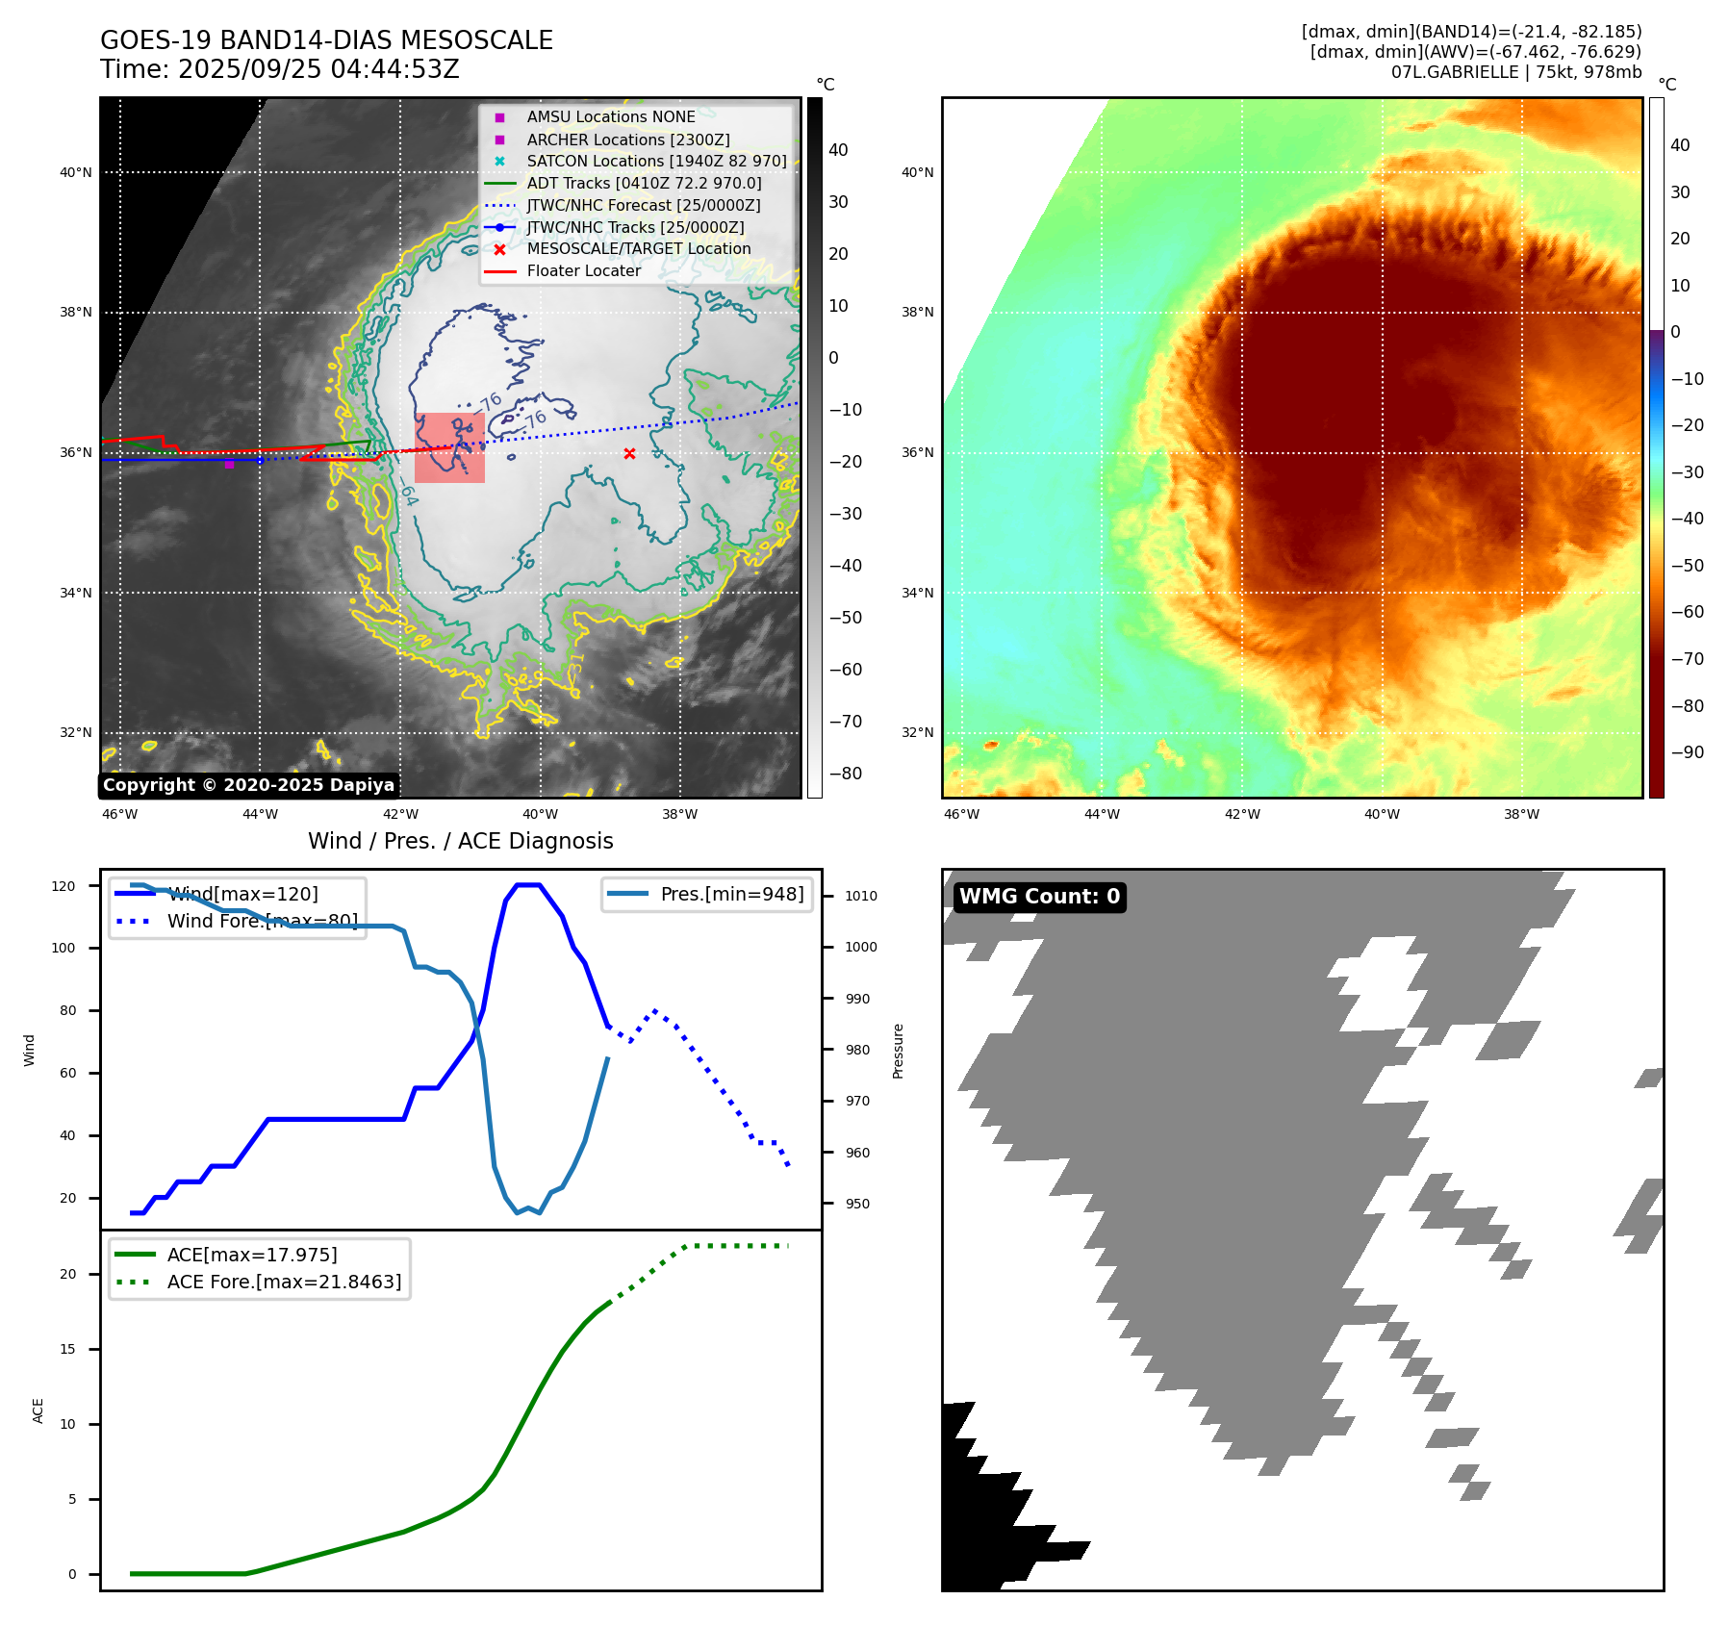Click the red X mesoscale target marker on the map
click(629, 453)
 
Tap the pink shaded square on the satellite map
click(449, 447)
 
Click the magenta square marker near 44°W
click(229, 465)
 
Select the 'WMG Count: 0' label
click(1039, 897)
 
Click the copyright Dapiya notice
click(248, 785)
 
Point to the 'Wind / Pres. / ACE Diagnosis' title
click(460, 841)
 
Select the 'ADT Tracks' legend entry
click(644, 183)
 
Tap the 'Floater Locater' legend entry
click(583, 270)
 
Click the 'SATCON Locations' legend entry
click(656, 161)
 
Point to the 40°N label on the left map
click(76, 173)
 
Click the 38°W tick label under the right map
click(1521, 814)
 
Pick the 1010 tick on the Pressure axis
click(861, 896)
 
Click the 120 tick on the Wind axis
click(64, 886)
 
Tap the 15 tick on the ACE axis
click(67, 1349)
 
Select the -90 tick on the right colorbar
click(1687, 752)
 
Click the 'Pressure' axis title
click(898, 1051)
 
